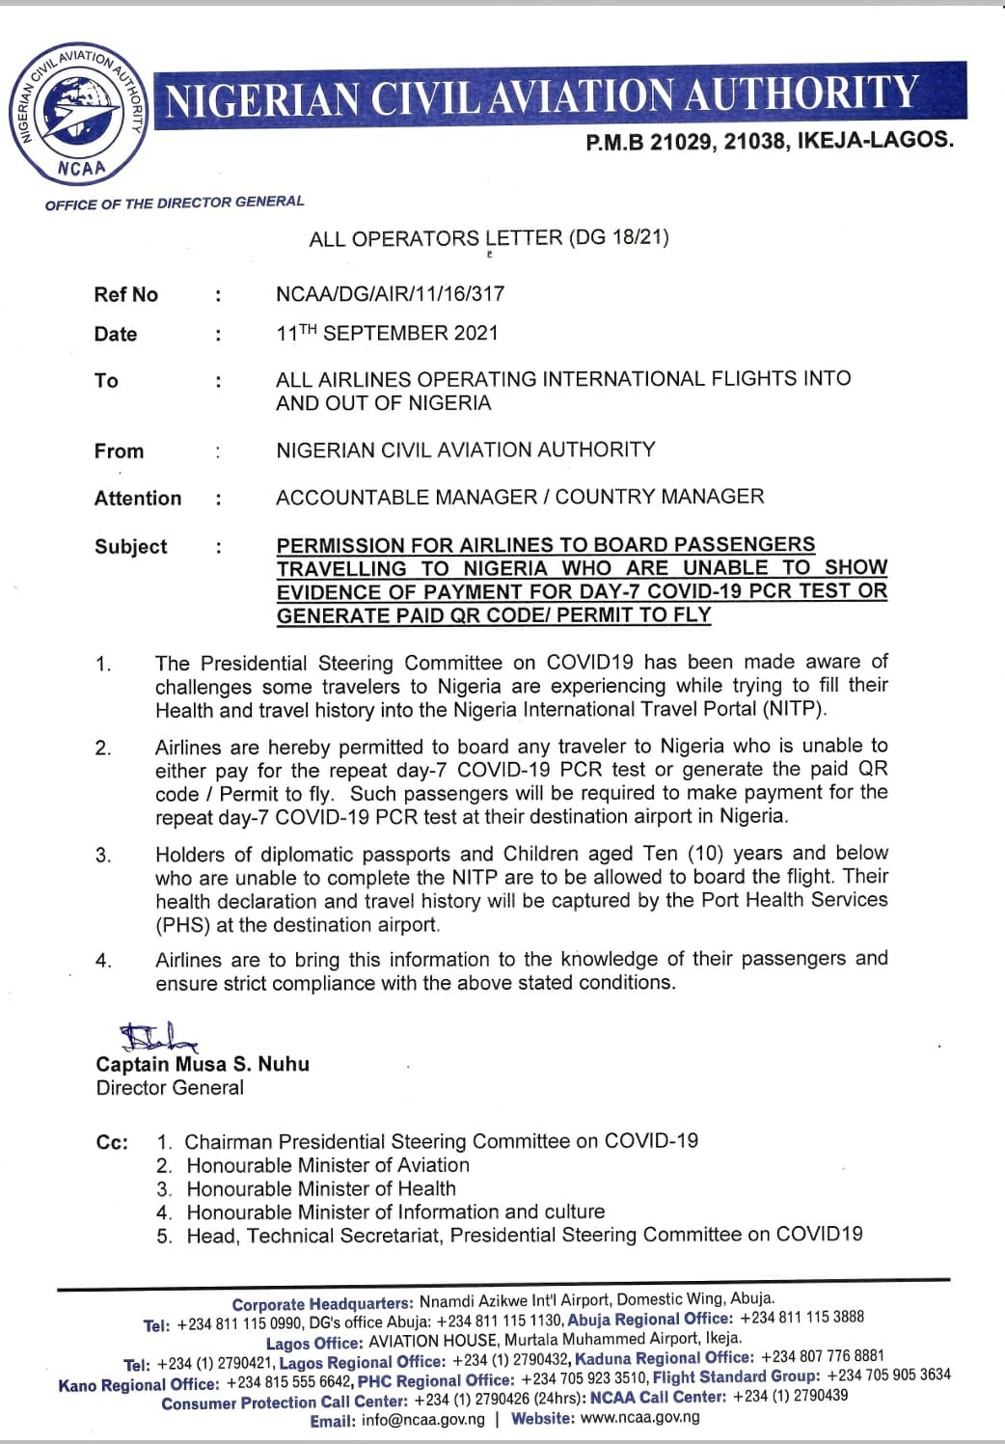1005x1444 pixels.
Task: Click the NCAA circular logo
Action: [80, 111]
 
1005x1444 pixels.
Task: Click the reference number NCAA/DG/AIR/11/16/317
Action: [390, 294]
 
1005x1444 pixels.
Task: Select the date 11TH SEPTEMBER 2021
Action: [387, 334]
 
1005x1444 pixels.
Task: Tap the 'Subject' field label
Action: [130, 547]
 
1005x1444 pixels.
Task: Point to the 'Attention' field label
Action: [137, 499]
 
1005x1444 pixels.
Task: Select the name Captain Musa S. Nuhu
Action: [203, 1065]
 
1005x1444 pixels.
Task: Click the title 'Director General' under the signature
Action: [170, 1088]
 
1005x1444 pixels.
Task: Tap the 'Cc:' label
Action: [112, 1143]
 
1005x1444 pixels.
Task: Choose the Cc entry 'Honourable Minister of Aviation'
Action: [328, 1165]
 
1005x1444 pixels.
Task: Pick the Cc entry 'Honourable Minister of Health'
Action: [321, 1188]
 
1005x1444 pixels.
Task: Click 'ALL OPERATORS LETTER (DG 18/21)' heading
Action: [489, 238]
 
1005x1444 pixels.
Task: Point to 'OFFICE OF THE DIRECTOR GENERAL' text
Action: [175, 203]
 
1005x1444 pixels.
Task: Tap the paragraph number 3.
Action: [103, 856]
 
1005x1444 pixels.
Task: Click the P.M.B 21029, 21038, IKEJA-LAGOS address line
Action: [769, 141]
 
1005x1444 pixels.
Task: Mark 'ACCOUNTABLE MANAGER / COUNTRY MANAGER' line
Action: [519, 497]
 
